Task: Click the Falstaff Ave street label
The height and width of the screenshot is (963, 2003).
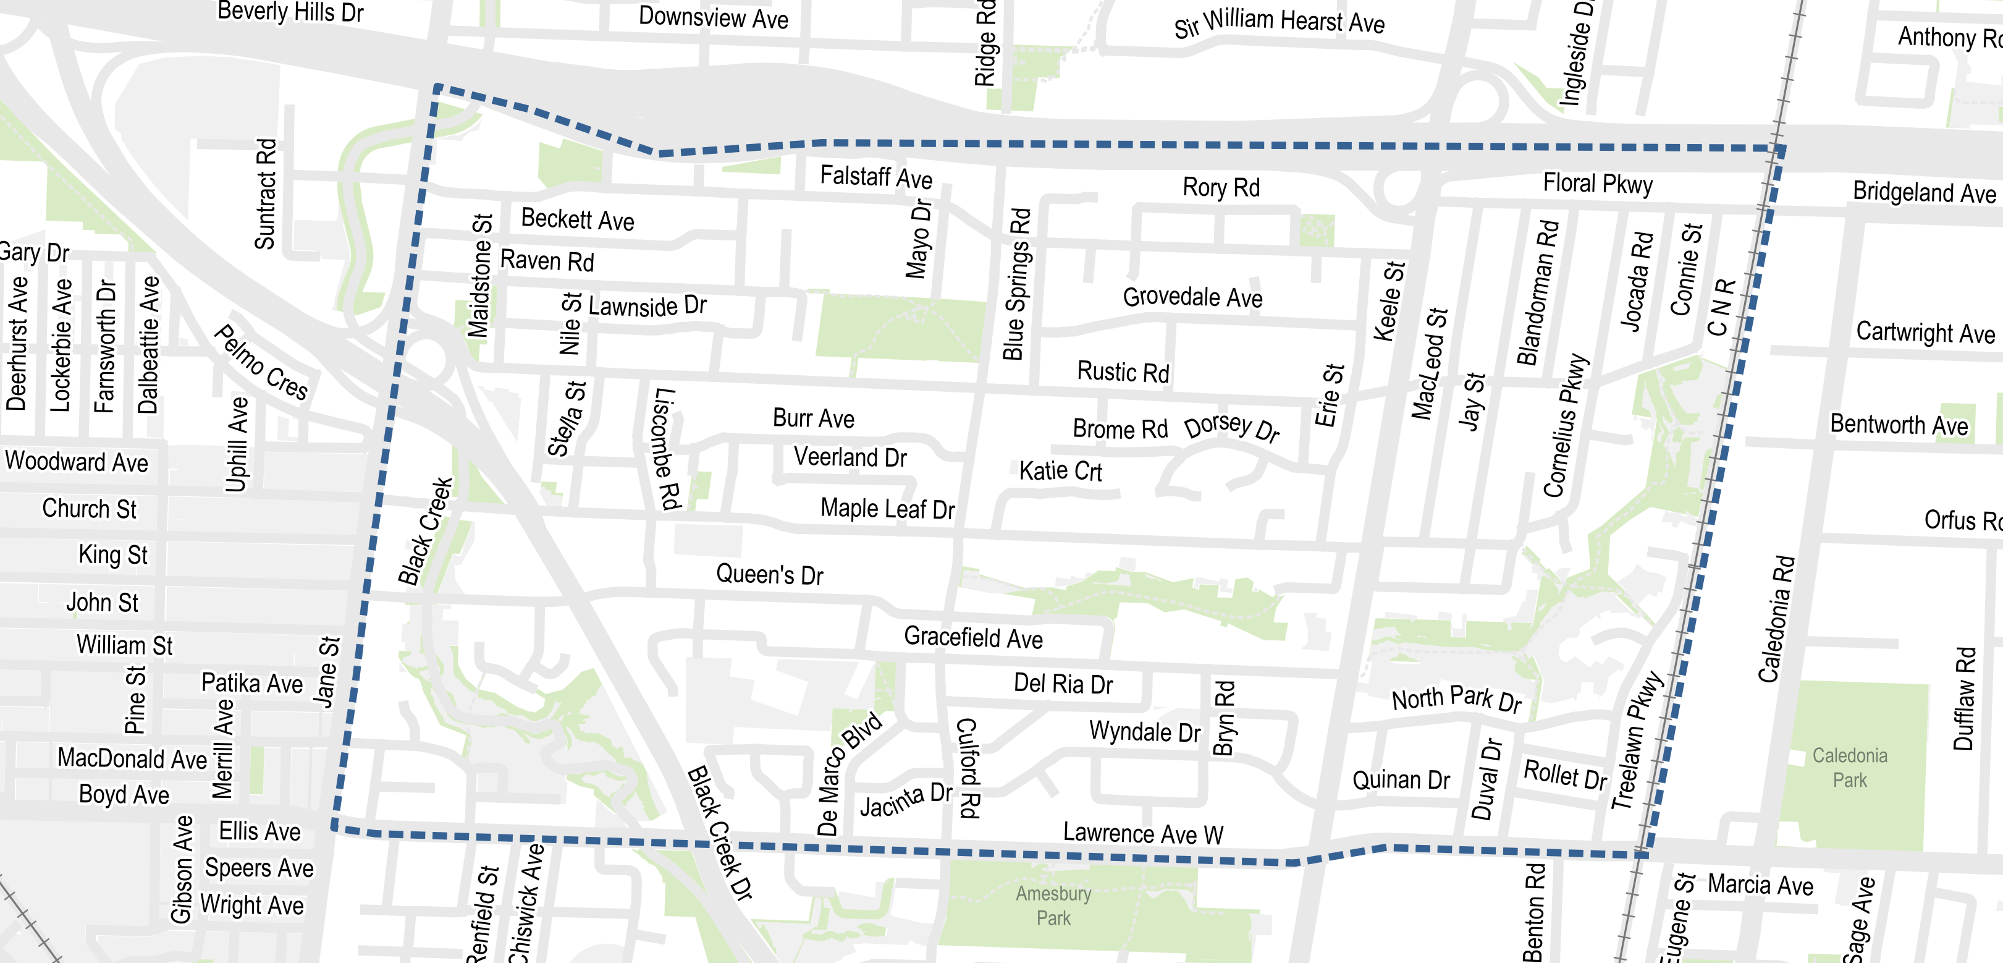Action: coord(875,177)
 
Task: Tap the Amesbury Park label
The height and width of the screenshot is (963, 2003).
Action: coord(1053,906)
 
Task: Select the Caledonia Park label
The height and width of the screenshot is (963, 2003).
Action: coord(1849,767)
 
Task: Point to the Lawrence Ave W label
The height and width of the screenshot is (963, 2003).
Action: coord(1143,833)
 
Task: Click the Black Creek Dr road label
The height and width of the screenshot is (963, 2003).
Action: coord(719,833)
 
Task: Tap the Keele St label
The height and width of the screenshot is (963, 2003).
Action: coord(1389,301)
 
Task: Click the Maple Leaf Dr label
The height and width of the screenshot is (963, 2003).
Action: coord(887,509)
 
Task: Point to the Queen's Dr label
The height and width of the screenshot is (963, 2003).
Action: coord(769,575)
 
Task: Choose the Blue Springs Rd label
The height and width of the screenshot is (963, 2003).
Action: coord(1016,284)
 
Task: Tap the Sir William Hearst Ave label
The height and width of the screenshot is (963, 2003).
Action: coord(1279,22)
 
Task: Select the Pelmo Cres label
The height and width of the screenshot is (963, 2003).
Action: coord(261,362)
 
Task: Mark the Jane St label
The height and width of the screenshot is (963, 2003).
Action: coord(327,672)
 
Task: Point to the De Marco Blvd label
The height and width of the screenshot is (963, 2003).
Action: coord(848,773)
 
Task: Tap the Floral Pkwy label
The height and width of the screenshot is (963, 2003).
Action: coord(1597,184)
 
